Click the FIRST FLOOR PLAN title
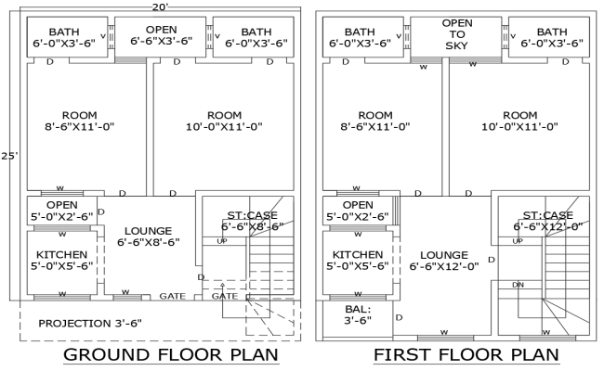coord(466,355)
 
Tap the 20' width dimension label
coord(160,6)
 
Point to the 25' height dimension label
coord(9,156)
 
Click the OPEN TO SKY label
coord(457,33)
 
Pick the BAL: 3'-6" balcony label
coord(358,313)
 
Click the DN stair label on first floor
coord(518,285)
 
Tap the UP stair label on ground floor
coord(222,241)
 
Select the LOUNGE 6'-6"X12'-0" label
coord(442,259)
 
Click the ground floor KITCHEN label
coord(62,260)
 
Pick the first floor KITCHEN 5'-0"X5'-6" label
coord(358,260)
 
